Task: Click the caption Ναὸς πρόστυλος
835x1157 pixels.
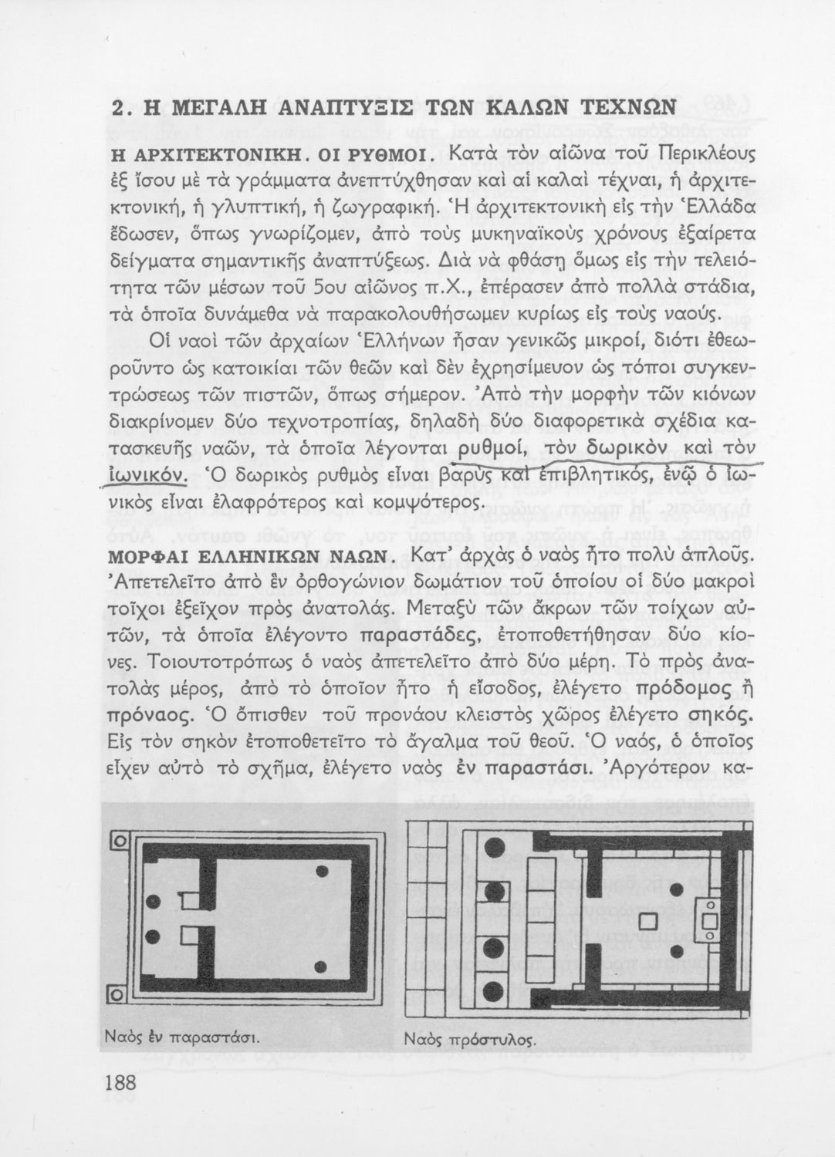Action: [x=470, y=1039]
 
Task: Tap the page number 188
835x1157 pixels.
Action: [x=122, y=1084]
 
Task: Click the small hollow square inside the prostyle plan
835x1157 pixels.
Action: [x=648, y=922]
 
